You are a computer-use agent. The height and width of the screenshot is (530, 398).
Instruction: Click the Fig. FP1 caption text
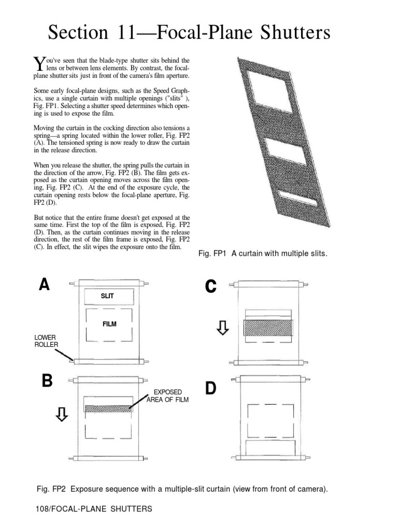263,254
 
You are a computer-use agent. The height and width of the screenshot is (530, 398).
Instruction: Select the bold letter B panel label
48,381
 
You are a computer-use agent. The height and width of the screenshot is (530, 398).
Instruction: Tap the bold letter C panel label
210,286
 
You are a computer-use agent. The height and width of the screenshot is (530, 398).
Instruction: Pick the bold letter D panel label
210,389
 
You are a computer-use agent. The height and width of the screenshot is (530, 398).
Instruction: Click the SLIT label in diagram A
107,296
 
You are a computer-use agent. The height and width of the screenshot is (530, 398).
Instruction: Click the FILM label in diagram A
109,324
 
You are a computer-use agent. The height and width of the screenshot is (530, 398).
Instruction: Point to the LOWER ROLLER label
45,341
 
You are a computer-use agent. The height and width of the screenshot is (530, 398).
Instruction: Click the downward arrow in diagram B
62,414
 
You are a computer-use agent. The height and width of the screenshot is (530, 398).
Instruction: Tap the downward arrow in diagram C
223,327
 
